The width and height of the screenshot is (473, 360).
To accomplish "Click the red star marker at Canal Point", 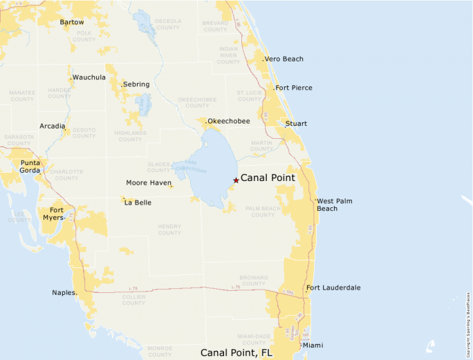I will pyautogui.click(x=236, y=180).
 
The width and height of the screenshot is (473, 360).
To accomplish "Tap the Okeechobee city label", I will pyautogui.click(x=229, y=121).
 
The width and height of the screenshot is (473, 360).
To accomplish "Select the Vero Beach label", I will pyautogui.click(x=284, y=59).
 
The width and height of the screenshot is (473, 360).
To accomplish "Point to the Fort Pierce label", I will pyautogui.click(x=294, y=88).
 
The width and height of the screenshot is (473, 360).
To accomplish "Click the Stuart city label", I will pyautogui.click(x=297, y=124).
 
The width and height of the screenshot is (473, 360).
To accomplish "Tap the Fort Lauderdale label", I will pyautogui.click(x=333, y=287).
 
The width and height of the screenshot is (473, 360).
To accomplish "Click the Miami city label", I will pyautogui.click(x=313, y=345).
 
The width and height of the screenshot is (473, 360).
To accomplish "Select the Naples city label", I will pyautogui.click(x=64, y=292).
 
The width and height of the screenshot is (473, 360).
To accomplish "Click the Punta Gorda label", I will pyautogui.click(x=30, y=167).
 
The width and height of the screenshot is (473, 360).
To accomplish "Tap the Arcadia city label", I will pyautogui.click(x=53, y=126).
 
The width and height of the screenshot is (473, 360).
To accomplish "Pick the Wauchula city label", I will pyautogui.click(x=89, y=77).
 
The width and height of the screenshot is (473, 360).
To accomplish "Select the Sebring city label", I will pyautogui.click(x=136, y=84).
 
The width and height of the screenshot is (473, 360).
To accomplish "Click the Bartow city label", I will pyautogui.click(x=72, y=22).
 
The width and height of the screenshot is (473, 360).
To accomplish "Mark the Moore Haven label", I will pyautogui.click(x=149, y=183).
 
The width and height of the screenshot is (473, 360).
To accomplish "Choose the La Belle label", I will pyautogui.click(x=138, y=202).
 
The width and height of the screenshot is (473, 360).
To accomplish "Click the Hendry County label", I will pyautogui.click(x=169, y=229).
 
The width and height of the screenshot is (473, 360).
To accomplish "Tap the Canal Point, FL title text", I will pyautogui.click(x=236, y=352).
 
